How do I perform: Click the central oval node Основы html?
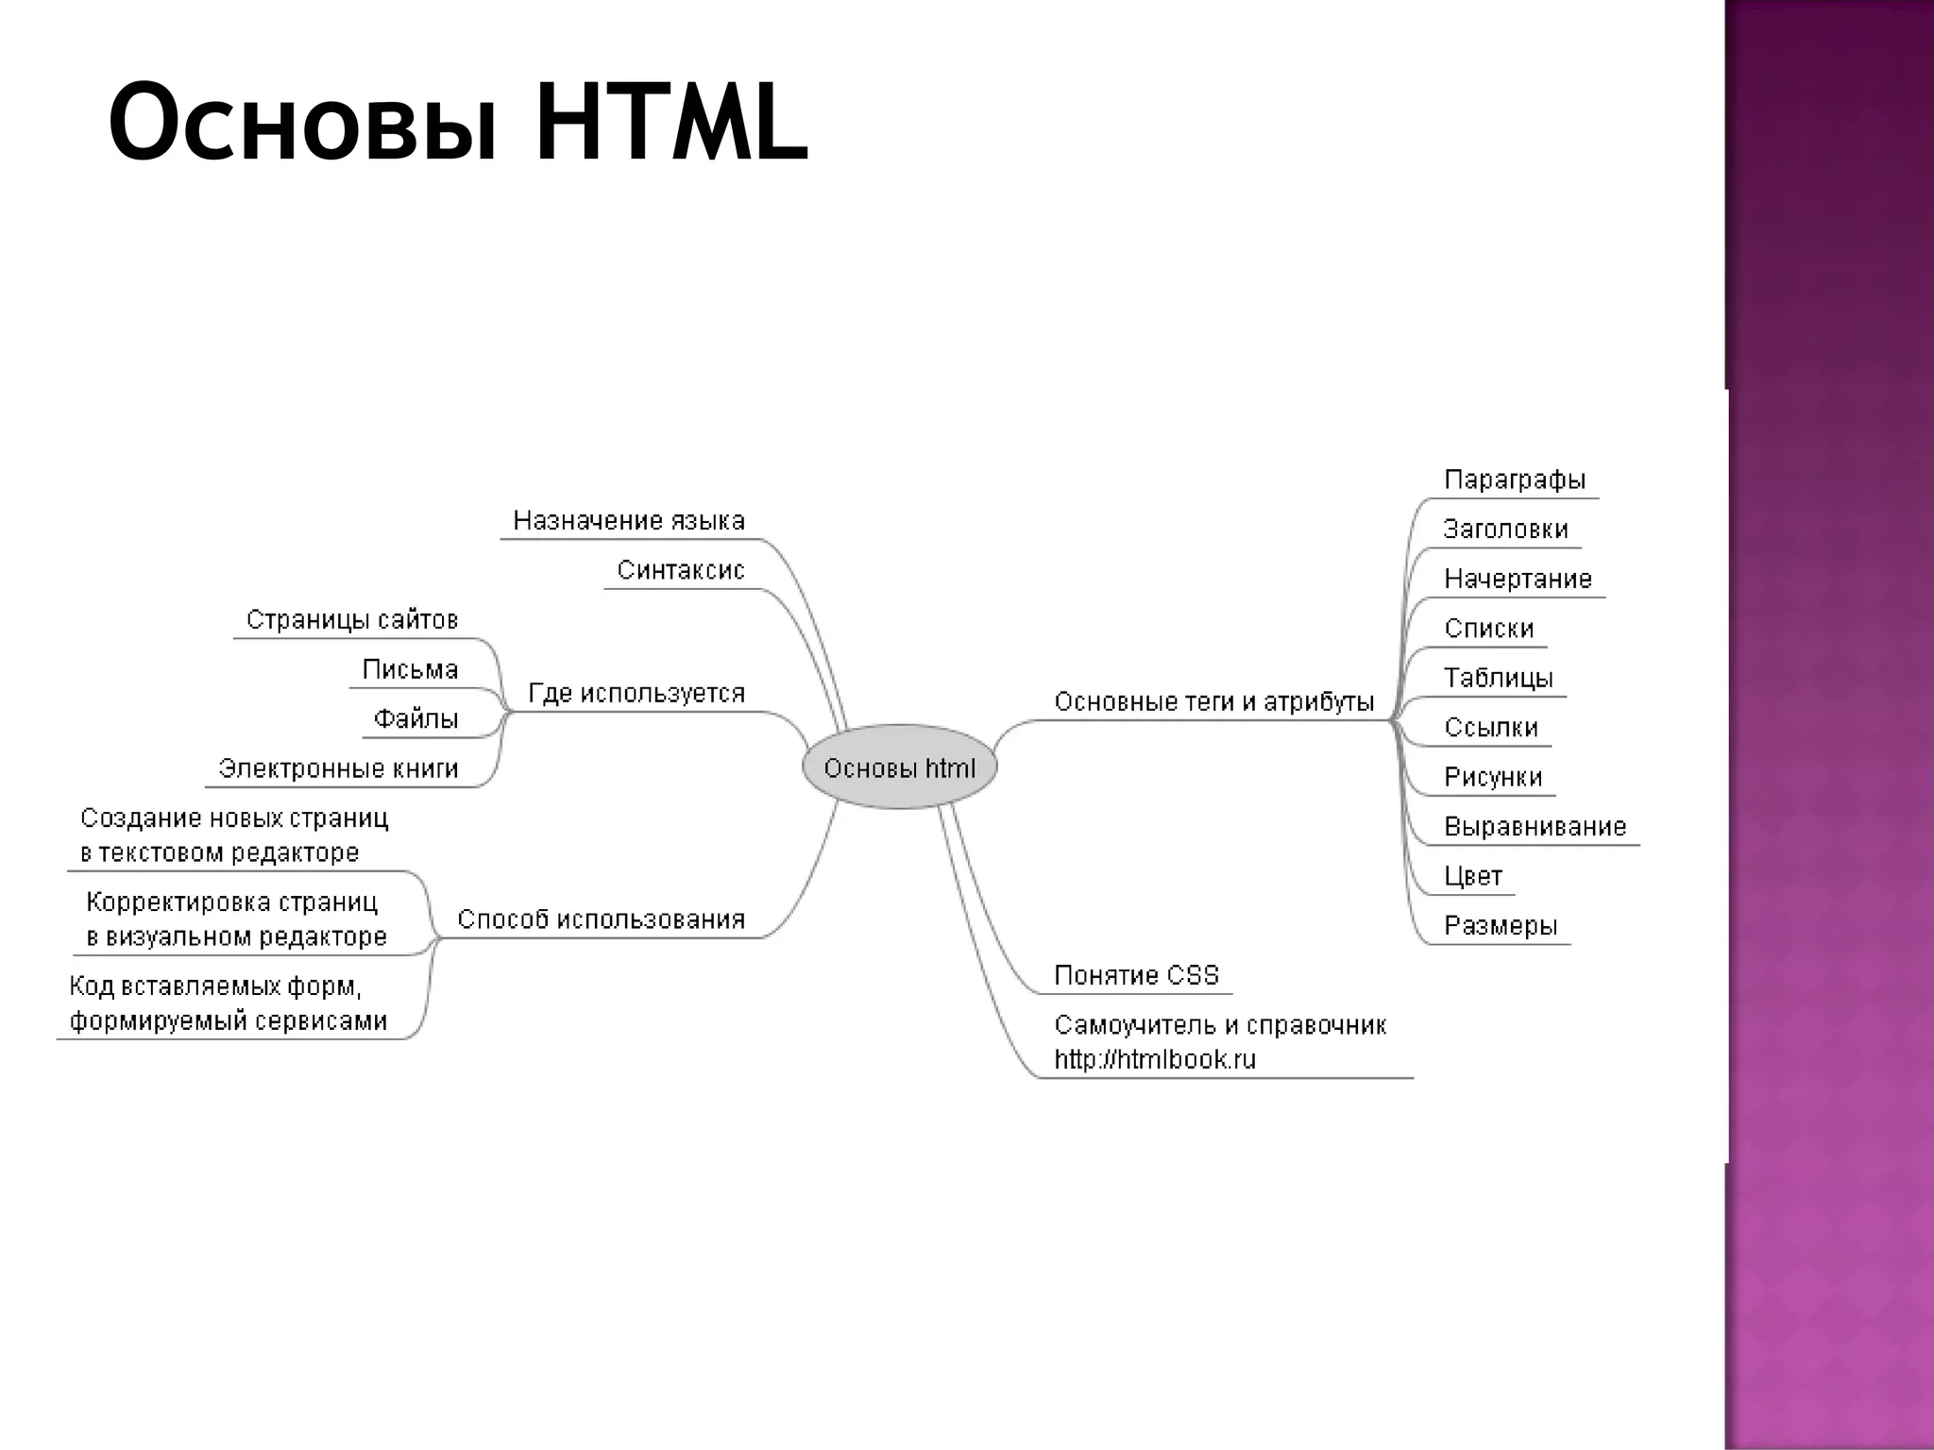pos(899,767)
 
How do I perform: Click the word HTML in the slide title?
pos(671,124)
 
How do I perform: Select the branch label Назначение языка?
pos(629,520)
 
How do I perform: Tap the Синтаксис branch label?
pos(681,570)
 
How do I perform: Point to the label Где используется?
pos(636,693)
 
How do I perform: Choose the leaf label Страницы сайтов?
pos(352,619)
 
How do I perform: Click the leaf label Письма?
pos(410,669)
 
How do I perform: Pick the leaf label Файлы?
pos(416,719)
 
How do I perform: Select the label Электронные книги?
pos(338,768)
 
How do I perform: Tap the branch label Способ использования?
pos(602,919)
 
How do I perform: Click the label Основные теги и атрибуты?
pos(1213,701)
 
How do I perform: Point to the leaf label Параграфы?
pos(1515,480)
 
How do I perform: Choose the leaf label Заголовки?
pos(1505,529)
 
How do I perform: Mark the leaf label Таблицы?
pos(1499,678)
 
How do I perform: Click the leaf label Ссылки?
pos(1491,727)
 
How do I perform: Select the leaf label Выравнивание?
pos(1535,827)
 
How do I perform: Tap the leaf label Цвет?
pos(1473,876)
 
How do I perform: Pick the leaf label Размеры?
pos(1501,925)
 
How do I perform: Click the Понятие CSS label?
pos(1137,975)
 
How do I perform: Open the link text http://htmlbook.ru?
pos(1155,1059)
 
